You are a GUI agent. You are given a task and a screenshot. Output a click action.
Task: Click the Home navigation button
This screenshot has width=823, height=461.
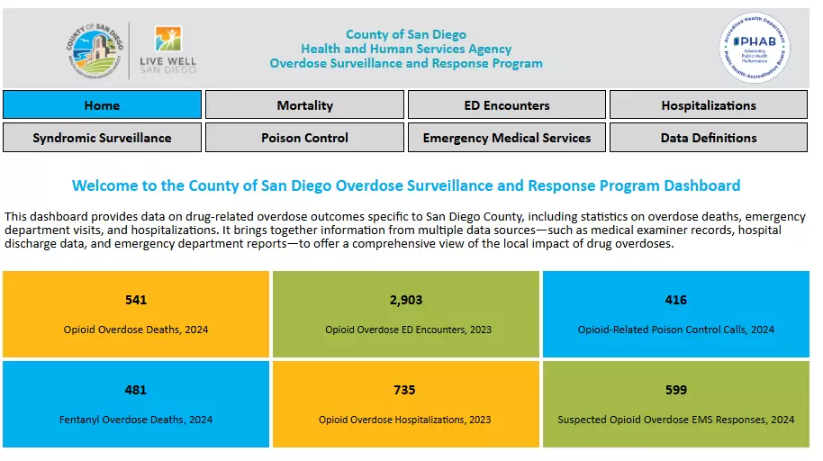tap(102, 105)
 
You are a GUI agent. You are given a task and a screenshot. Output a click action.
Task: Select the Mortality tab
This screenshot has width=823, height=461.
tap(304, 105)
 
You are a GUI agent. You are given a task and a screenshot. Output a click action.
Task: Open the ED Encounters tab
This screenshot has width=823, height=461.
tap(506, 105)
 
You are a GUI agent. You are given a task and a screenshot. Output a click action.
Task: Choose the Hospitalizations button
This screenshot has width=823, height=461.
tap(708, 105)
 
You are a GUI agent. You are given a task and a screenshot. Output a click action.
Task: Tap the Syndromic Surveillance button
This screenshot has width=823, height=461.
tap(102, 138)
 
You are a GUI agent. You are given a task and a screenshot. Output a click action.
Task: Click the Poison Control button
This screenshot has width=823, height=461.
tap(304, 138)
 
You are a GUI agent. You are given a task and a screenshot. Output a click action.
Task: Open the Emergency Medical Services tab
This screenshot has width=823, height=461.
tap(506, 138)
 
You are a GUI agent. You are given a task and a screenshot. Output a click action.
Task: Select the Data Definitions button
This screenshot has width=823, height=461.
tap(708, 138)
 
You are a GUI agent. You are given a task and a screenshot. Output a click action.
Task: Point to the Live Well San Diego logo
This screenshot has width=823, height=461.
tap(168, 50)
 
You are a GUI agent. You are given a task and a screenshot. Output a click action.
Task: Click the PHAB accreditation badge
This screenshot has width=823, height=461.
tap(755, 48)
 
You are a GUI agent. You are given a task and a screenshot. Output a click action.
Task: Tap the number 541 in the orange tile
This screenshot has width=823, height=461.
tap(136, 300)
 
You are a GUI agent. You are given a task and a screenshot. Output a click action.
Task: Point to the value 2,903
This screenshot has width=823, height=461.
tap(406, 300)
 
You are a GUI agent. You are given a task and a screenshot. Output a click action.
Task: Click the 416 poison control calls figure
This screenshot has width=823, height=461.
tap(675, 300)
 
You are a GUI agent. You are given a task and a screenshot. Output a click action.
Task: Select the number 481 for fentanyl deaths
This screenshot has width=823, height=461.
tap(136, 390)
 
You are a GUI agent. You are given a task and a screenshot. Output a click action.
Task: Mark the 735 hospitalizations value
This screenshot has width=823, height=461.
tap(405, 390)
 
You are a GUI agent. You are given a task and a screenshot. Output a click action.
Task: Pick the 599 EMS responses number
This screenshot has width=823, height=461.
tap(675, 390)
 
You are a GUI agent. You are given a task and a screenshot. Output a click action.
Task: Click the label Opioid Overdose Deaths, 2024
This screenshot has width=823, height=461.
tap(136, 330)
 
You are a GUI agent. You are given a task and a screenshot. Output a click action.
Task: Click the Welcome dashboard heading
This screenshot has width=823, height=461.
tap(406, 186)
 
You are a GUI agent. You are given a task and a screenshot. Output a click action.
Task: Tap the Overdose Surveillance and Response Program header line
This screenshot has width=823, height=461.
tap(406, 64)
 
